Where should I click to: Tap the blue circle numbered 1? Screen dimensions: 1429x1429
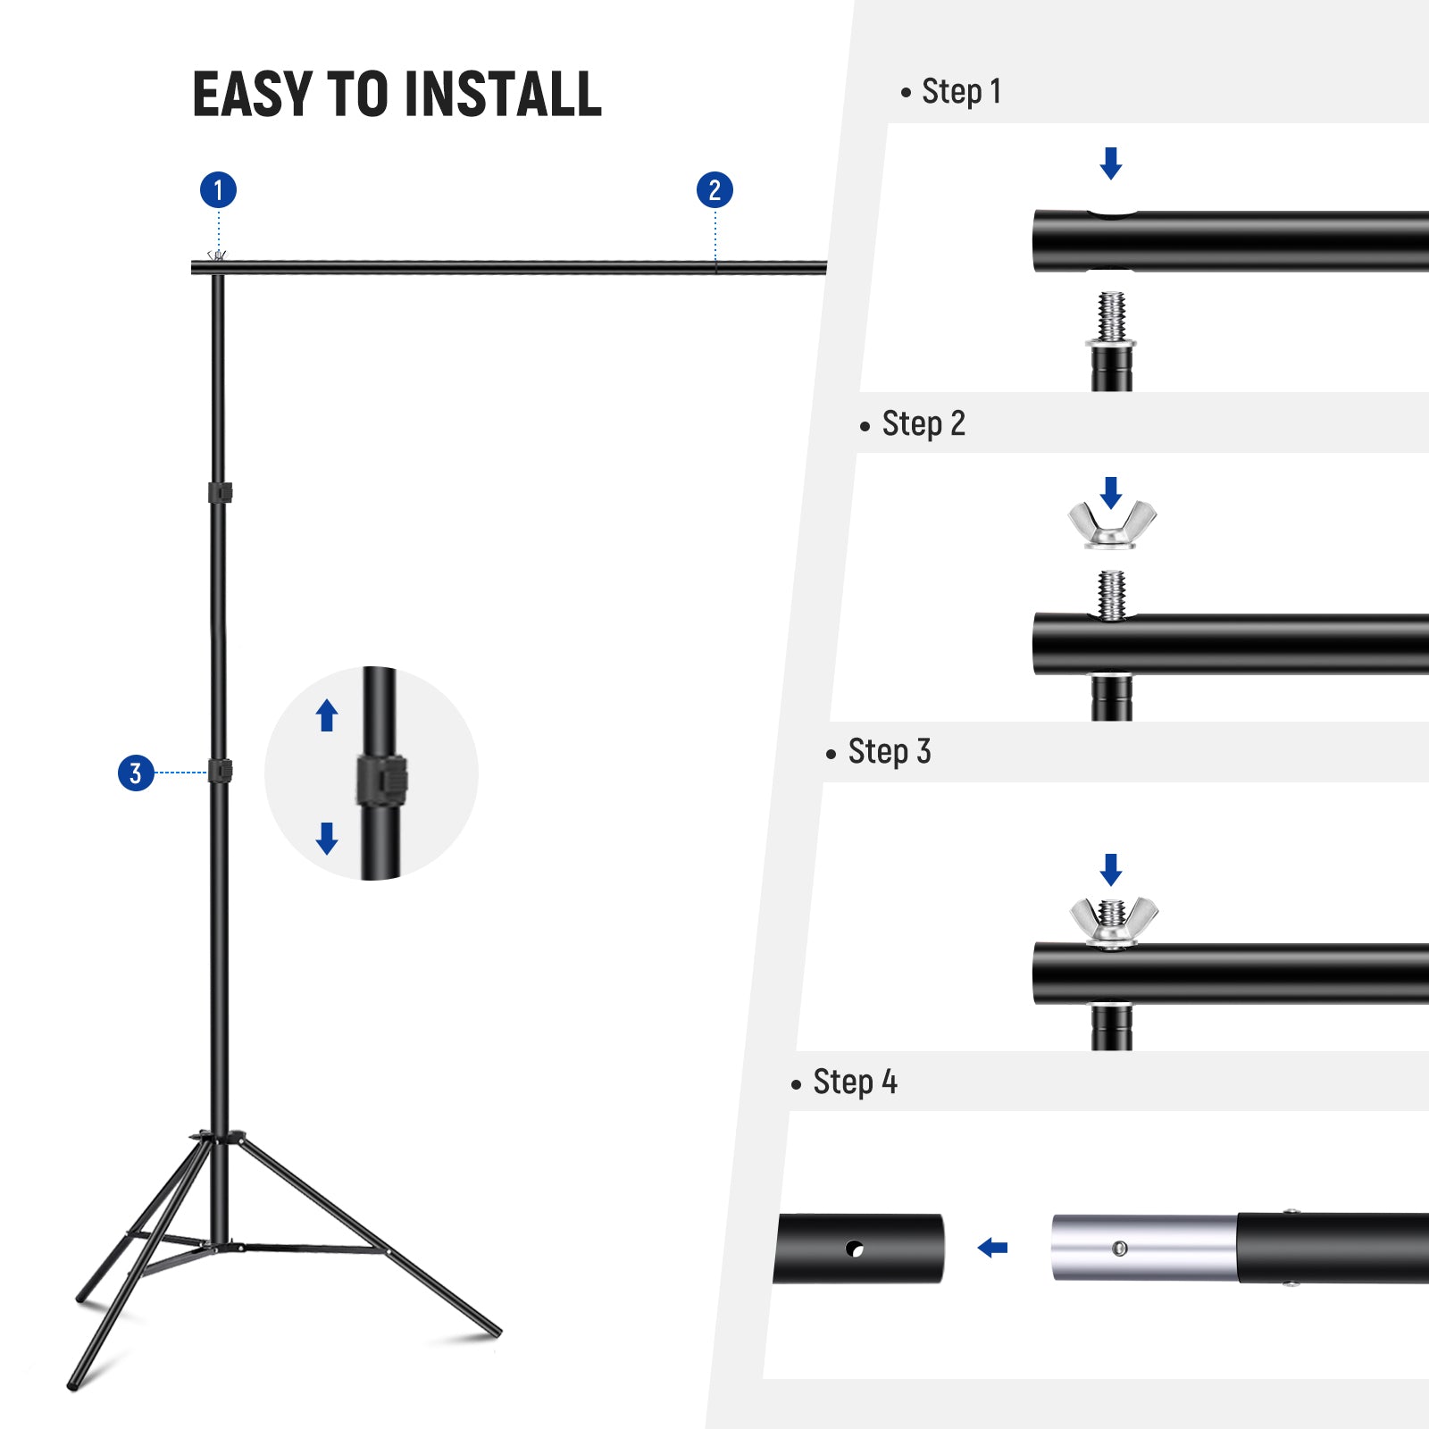(x=218, y=190)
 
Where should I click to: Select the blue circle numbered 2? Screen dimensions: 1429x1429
(x=714, y=190)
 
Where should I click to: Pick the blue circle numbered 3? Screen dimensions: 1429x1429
(x=136, y=773)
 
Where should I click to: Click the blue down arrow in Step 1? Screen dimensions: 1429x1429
(x=1111, y=163)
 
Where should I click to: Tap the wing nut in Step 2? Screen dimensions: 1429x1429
(x=1112, y=524)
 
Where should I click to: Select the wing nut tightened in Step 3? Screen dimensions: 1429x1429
(x=1114, y=921)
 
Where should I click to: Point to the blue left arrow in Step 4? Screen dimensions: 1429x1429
(x=992, y=1248)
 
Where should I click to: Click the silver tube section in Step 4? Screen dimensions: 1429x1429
(x=1143, y=1248)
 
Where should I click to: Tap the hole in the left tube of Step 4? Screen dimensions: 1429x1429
(x=855, y=1249)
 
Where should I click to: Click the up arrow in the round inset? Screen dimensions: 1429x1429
(x=327, y=715)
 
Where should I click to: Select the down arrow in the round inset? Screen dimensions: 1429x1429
(x=327, y=838)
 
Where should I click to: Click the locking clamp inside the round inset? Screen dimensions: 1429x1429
(x=382, y=780)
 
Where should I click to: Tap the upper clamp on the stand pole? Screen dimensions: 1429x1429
(x=220, y=492)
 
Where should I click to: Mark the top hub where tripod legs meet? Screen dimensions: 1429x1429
(x=218, y=1138)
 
